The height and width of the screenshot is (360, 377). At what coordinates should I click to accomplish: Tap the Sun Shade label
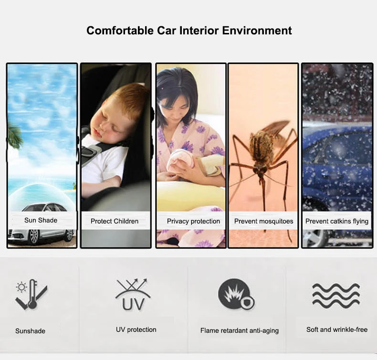[x=41, y=220]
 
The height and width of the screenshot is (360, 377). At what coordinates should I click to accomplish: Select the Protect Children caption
[x=115, y=221]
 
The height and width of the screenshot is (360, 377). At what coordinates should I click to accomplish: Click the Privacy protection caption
[x=193, y=221]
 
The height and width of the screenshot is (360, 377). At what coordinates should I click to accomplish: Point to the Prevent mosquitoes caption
[x=264, y=221]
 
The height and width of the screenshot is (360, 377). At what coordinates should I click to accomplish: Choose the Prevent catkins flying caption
[x=337, y=221]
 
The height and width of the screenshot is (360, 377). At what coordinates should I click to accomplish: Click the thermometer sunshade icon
[x=31, y=294]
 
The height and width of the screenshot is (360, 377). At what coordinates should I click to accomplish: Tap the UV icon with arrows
[x=133, y=294]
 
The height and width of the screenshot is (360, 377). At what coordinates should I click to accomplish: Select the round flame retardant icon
[x=236, y=294]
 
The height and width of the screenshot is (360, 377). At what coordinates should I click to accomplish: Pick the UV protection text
[x=136, y=330]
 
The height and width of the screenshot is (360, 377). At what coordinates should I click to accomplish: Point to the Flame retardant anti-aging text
[x=240, y=331]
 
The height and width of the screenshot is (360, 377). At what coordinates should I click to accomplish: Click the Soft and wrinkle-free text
[x=337, y=330]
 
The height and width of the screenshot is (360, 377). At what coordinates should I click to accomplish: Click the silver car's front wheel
[x=33, y=236]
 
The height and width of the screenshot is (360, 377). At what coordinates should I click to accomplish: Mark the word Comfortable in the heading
[x=120, y=31]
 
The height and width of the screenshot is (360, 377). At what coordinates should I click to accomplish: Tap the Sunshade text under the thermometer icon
[x=30, y=331]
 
